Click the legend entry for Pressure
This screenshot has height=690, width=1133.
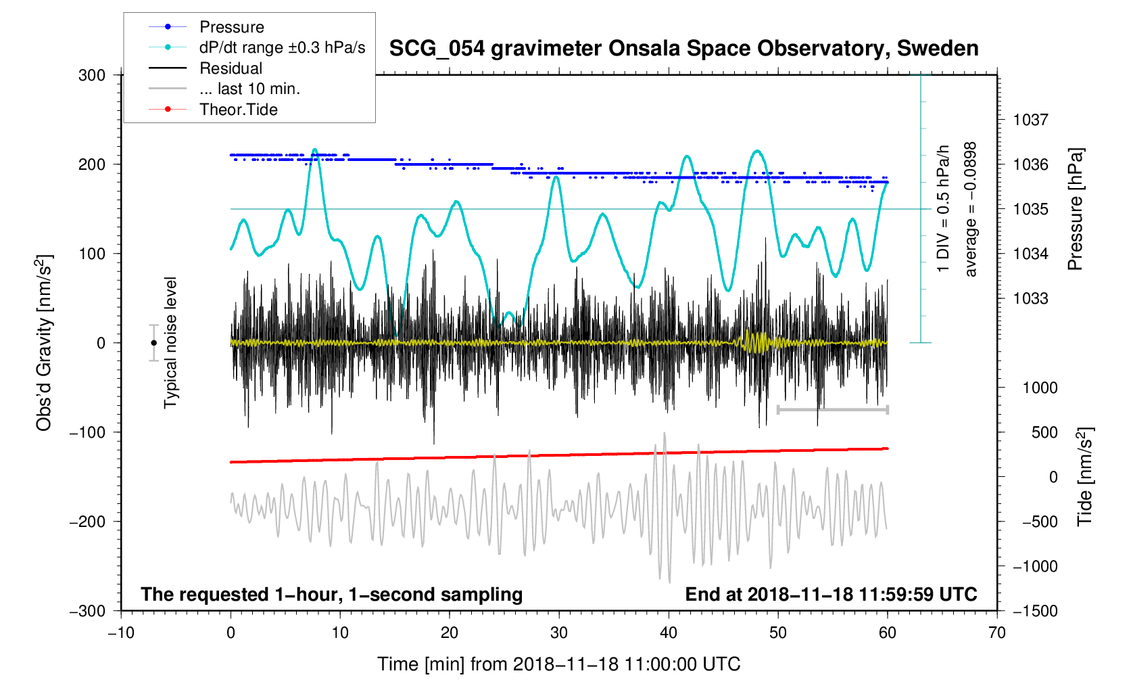click(231, 27)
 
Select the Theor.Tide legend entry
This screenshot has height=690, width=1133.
click(238, 110)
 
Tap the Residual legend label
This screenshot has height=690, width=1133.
click(231, 68)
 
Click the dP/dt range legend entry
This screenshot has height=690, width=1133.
click(282, 47)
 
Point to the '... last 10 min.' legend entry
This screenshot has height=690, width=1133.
click(249, 89)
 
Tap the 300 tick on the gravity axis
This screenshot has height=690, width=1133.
click(92, 75)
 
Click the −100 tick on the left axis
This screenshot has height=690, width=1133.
click(87, 432)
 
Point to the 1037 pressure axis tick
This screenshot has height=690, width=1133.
click(1030, 120)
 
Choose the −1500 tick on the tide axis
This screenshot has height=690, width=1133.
click(1034, 611)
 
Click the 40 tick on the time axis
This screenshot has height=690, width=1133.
click(669, 632)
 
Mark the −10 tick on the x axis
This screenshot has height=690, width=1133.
click(121, 632)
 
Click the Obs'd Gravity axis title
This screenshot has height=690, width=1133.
click(44, 343)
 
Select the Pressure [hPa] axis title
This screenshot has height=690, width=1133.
click(1075, 210)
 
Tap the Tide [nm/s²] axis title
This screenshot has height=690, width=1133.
click(1084, 477)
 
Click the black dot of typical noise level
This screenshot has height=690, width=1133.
click(154, 343)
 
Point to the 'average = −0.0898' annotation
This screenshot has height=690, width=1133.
click(971, 210)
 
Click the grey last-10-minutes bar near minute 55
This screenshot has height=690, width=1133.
click(833, 410)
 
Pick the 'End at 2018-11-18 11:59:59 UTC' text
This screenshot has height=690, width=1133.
click(831, 595)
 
